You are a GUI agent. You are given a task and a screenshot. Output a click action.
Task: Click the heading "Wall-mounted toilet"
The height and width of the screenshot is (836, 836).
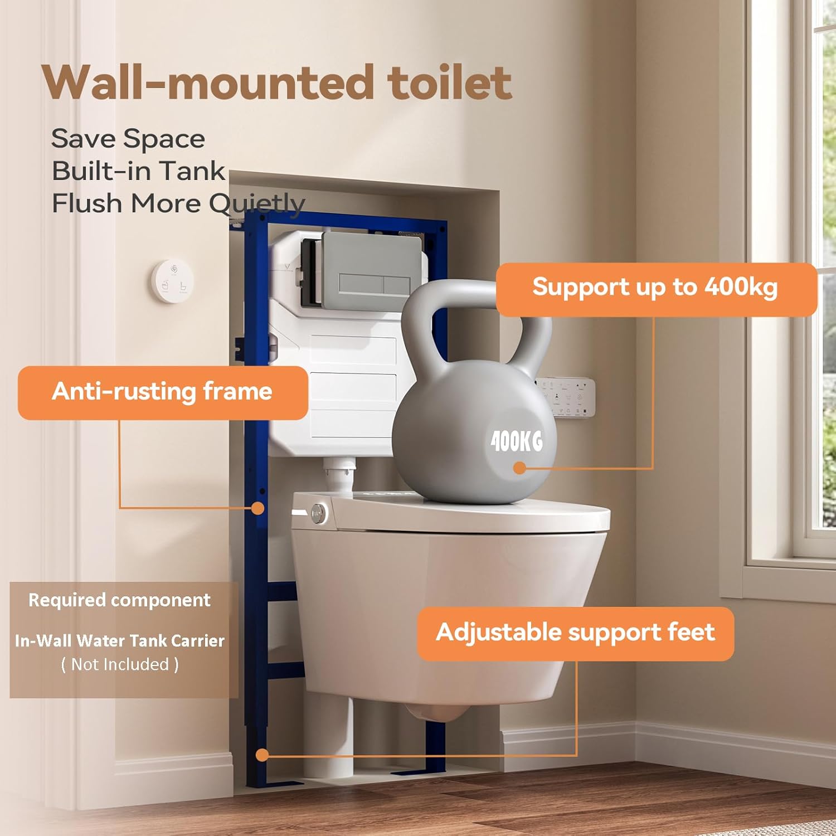pyautogui.click(x=276, y=82)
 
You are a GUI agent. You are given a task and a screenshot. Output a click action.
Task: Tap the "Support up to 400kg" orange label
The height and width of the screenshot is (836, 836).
pyautogui.click(x=655, y=288)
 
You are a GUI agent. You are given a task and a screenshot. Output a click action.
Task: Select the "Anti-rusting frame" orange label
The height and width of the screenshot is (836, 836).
pyautogui.click(x=162, y=391)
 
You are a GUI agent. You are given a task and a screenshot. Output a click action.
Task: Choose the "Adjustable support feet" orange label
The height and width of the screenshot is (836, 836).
pyautogui.click(x=575, y=633)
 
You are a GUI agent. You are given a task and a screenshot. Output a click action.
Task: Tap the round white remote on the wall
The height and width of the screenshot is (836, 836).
pyautogui.click(x=173, y=281)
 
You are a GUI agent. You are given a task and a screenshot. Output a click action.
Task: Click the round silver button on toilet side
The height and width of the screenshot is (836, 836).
pyautogui.click(x=318, y=513)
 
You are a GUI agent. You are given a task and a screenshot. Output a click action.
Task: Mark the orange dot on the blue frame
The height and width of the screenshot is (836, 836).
pyautogui.click(x=257, y=508)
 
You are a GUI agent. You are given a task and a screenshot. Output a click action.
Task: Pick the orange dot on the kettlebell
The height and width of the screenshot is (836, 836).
pyautogui.click(x=519, y=468)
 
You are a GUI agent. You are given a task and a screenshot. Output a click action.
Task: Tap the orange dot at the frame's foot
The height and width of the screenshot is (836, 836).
pyautogui.click(x=262, y=755)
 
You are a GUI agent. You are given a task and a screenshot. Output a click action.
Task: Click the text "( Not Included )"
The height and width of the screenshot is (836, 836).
pyautogui.click(x=120, y=664)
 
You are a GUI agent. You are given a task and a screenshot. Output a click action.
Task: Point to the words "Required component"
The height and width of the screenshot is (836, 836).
pyautogui.click(x=119, y=600)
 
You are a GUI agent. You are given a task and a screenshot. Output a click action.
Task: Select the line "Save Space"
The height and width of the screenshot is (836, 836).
pyautogui.click(x=128, y=139)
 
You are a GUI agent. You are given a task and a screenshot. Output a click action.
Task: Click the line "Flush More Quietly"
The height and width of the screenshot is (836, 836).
pyautogui.click(x=178, y=203)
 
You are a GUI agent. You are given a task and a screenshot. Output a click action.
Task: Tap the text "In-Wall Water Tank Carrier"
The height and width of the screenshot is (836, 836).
pyautogui.click(x=119, y=641)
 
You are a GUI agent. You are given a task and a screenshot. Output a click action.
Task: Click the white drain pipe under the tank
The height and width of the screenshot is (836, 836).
pyautogui.click(x=339, y=474)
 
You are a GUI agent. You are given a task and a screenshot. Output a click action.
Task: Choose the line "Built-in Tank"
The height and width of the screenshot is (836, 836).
pyautogui.click(x=138, y=171)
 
